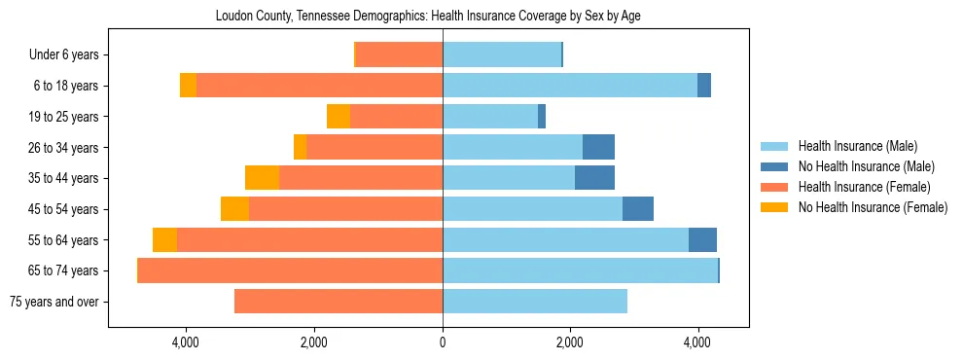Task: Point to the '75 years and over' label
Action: [53, 302]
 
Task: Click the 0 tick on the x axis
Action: [443, 342]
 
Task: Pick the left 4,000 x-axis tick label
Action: [185, 342]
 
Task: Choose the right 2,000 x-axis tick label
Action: [570, 342]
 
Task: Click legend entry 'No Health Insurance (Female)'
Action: [872, 207]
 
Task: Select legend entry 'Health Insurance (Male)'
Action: [857, 146]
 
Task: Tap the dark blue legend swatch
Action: [774, 166]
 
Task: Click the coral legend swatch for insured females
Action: [774, 187]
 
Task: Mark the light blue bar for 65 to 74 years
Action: [580, 270]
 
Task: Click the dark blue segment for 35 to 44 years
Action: [594, 178]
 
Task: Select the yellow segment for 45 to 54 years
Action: [234, 209]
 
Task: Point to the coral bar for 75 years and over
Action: [339, 302]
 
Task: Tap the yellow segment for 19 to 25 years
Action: [339, 117]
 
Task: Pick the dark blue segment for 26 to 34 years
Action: [598, 148]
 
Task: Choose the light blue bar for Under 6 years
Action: [502, 55]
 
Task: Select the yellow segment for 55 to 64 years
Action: [164, 240]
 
